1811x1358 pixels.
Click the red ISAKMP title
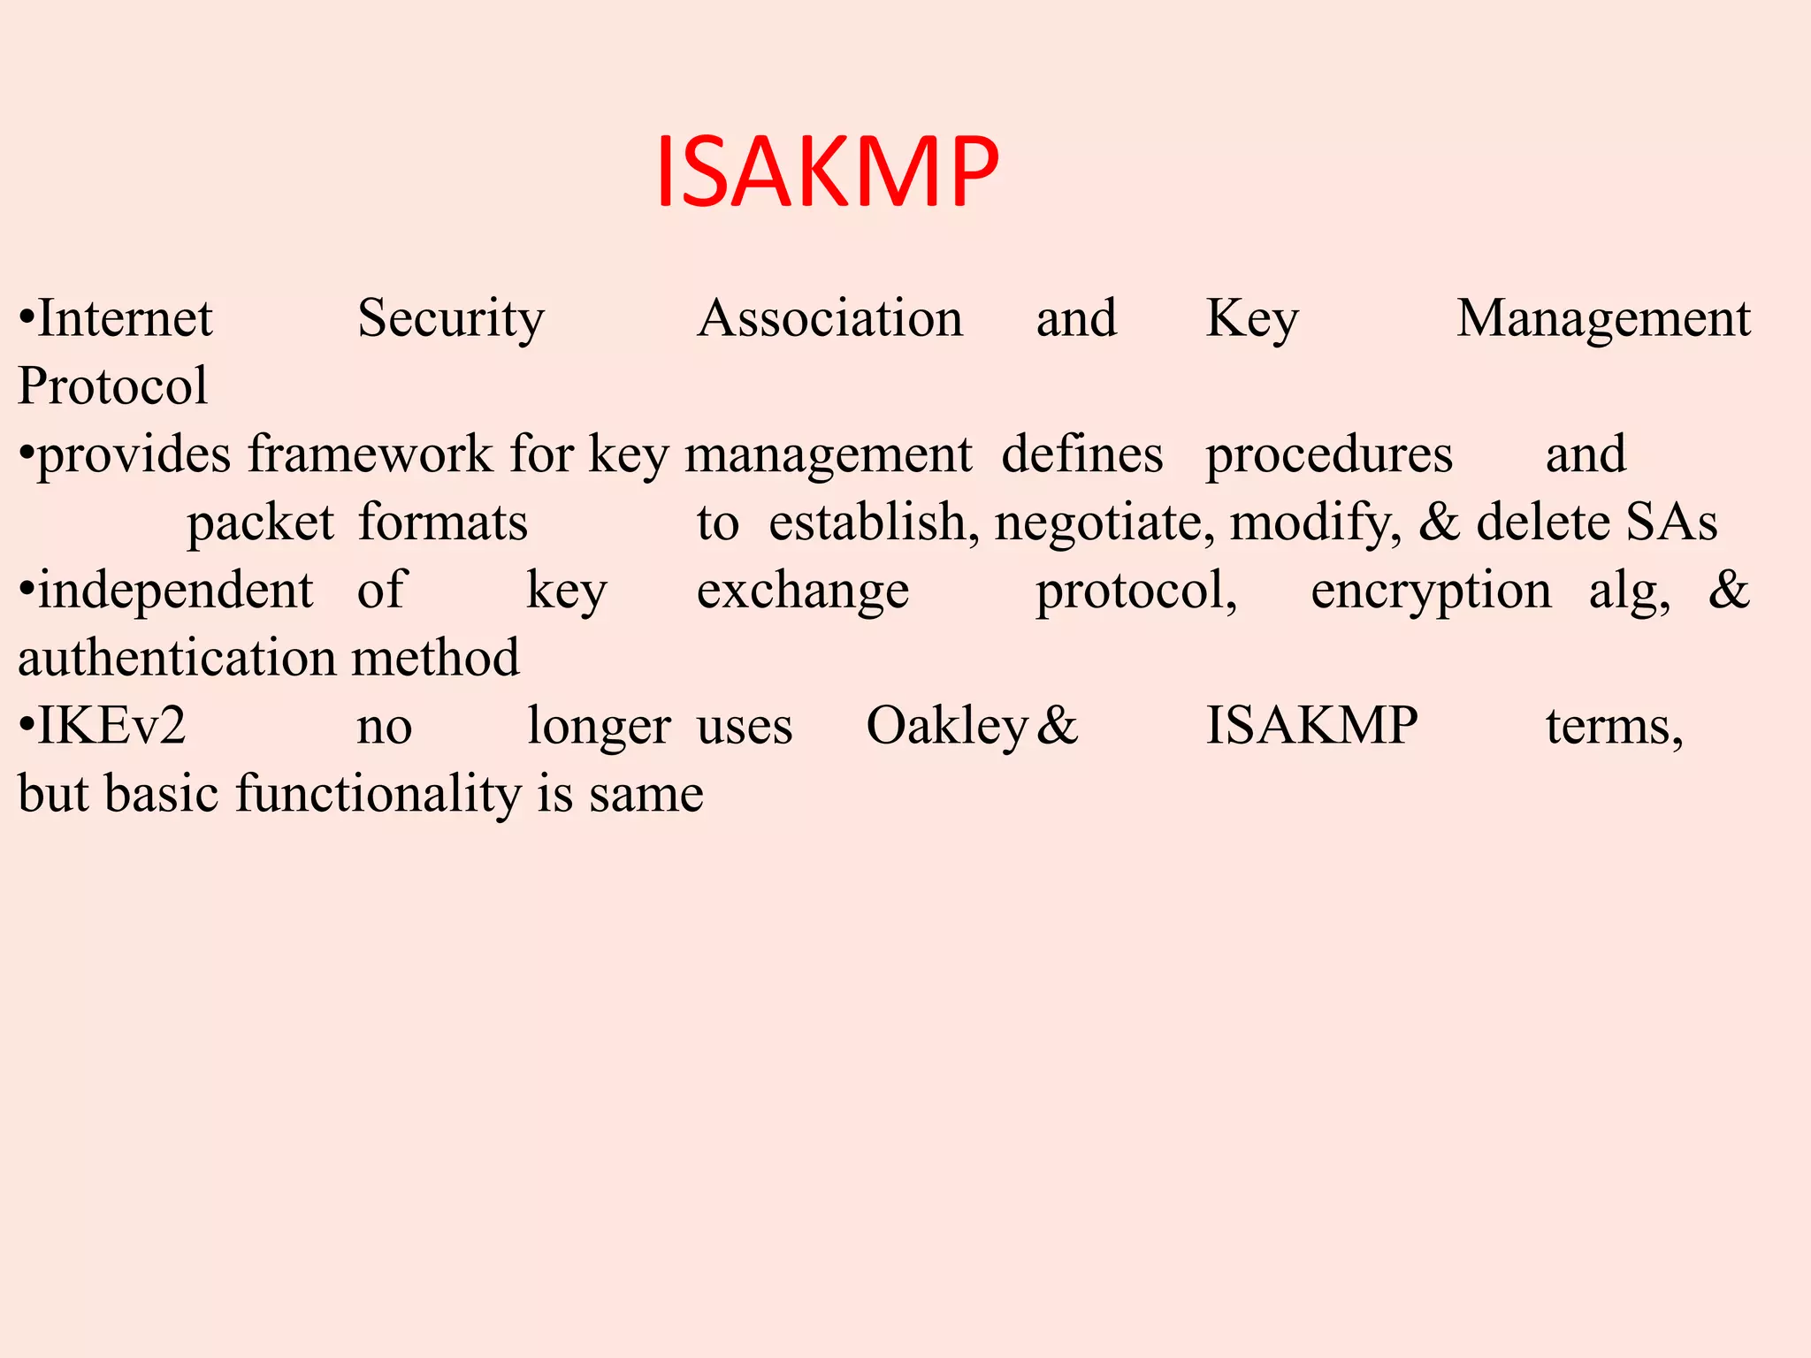coord(827,172)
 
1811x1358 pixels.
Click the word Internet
coord(125,318)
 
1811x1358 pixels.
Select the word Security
coord(451,319)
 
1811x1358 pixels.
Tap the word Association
coord(829,318)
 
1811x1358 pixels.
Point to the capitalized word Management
coord(1603,319)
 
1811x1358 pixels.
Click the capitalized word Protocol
coord(112,386)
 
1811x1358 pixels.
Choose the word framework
coord(371,454)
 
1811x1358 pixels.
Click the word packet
coord(260,523)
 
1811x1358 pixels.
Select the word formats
coord(443,522)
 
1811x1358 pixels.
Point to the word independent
coord(175,591)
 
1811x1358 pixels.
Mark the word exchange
coord(802,591)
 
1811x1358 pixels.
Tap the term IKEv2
coord(111,726)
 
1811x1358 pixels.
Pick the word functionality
coord(378,794)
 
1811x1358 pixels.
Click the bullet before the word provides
coord(27,454)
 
